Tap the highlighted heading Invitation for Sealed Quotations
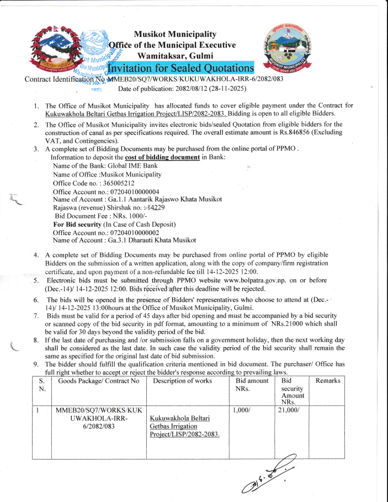pyautogui.click(x=180, y=68)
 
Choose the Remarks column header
pyautogui.click(x=328, y=381)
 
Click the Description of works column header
pyautogui.click(x=182, y=381)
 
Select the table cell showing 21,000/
pyautogui.click(x=289, y=410)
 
